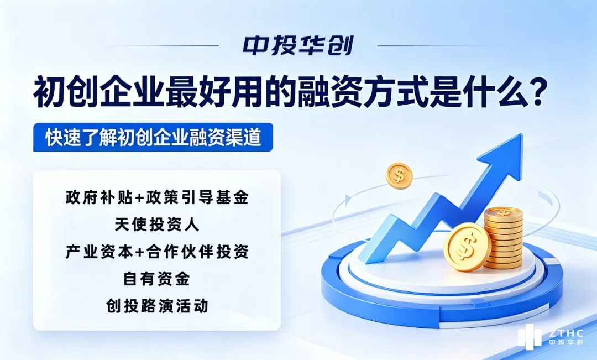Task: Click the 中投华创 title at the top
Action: point(298,46)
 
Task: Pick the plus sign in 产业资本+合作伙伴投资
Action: point(138,252)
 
